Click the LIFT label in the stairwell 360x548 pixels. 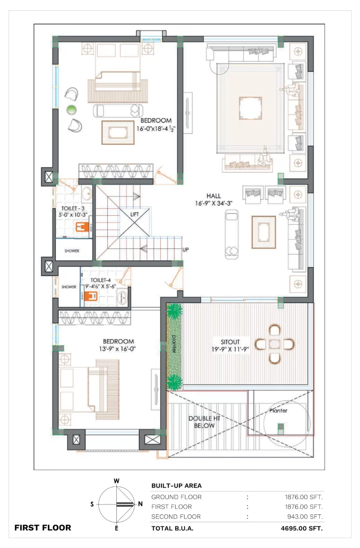click(135, 214)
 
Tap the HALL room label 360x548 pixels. click(214, 196)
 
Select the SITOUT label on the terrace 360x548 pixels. click(230, 342)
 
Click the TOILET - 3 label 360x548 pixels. click(73, 208)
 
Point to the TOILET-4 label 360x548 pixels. click(101, 280)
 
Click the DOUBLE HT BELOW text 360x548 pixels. click(204, 422)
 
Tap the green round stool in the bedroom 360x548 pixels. click(71, 110)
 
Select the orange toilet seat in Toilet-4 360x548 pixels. click(92, 296)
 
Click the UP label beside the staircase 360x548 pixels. click(186, 249)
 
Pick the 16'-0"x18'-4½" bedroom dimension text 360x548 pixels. click(156, 128)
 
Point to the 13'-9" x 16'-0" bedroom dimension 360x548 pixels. click(118, 348)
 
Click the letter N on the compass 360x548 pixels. click(141, 503)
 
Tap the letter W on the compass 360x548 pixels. click(116, 481)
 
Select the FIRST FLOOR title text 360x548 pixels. click(43, 528)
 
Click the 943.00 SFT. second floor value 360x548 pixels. click(305, 517)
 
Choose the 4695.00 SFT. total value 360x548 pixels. click(302, 528)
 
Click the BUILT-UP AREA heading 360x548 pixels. click(177, 486)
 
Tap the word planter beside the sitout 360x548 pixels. click(174, 344)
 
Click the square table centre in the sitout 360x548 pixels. click(275, 344)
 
